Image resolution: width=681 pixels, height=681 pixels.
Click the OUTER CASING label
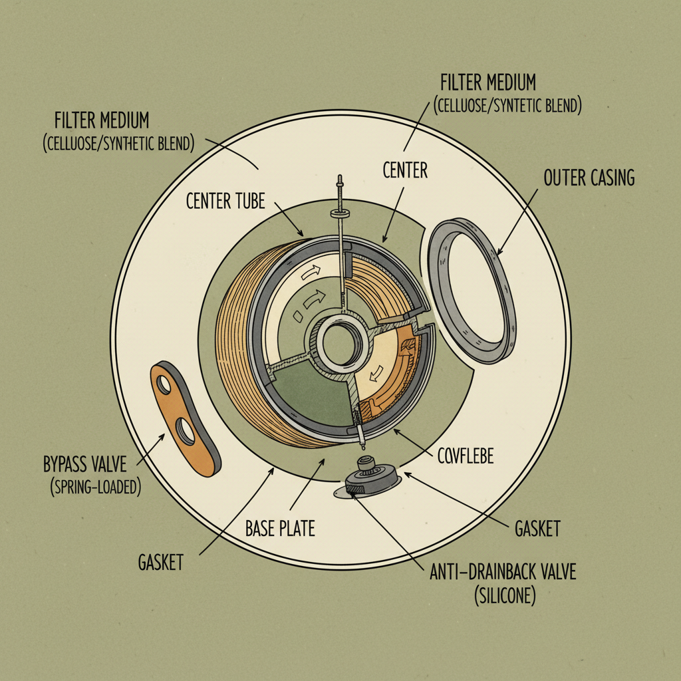[589, 178]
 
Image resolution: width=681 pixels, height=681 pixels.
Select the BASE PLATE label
[280, 529]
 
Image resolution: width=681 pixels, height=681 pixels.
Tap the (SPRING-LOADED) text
[96, 487]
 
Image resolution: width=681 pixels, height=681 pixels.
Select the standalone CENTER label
[405, 171]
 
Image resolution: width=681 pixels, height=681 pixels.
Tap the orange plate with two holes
[186, 417]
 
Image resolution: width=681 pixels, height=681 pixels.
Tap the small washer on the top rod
[339, 213]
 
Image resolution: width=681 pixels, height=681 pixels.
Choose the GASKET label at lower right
[537, 529]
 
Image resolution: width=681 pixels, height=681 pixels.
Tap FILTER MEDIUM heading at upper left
[102, 121]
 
